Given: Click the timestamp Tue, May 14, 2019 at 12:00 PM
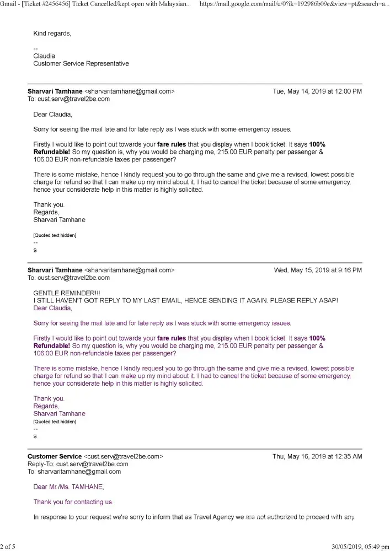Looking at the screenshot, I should [x=317, y=91].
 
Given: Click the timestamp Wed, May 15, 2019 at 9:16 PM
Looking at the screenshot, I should [x=318, y=270].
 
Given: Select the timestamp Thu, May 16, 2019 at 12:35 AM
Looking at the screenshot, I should [x=317, y=456].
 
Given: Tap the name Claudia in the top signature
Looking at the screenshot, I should [x=44, y=56].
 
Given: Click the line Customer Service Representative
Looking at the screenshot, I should [x=81, y=63].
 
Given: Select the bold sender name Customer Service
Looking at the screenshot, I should [x=55, y=456].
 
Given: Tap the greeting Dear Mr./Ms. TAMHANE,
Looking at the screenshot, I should [x=68, y=487].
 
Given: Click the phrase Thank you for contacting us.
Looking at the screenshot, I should [x=73, y=502].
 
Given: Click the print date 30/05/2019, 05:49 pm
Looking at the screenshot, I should [x=360, y=547].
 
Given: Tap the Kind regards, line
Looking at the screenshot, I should [x=52, y=33].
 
